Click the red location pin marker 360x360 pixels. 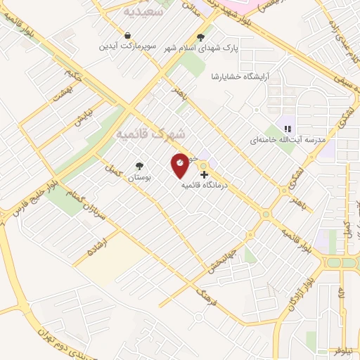tap(180, 165)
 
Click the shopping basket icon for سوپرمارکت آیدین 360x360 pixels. tap(127, 35)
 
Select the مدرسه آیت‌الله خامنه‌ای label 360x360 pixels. tap(288, 140)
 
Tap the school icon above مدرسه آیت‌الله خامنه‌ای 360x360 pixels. tap(288, 128)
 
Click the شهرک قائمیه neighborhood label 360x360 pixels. tap(151, 133)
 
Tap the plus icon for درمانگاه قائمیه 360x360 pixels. tap(204, 174)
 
